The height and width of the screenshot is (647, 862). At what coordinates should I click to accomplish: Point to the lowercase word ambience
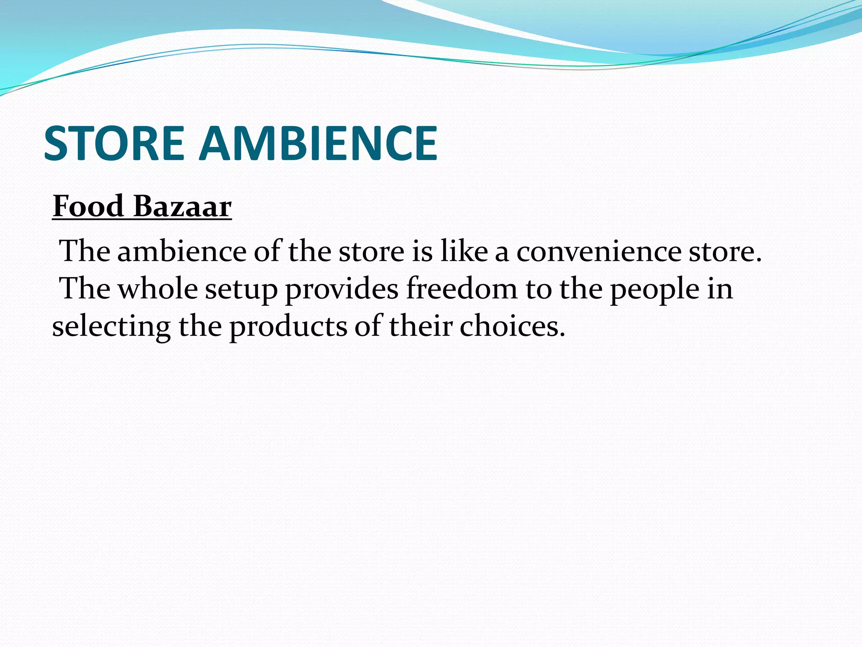(x=182, y=251)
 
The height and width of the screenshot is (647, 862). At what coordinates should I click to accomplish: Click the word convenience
(x=599, y=251)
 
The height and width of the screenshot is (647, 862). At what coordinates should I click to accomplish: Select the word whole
(x=157, y=289)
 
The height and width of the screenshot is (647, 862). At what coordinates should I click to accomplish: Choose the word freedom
(x=461, y=289)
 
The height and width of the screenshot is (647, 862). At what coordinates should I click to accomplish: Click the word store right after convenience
(x=725, y=251)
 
